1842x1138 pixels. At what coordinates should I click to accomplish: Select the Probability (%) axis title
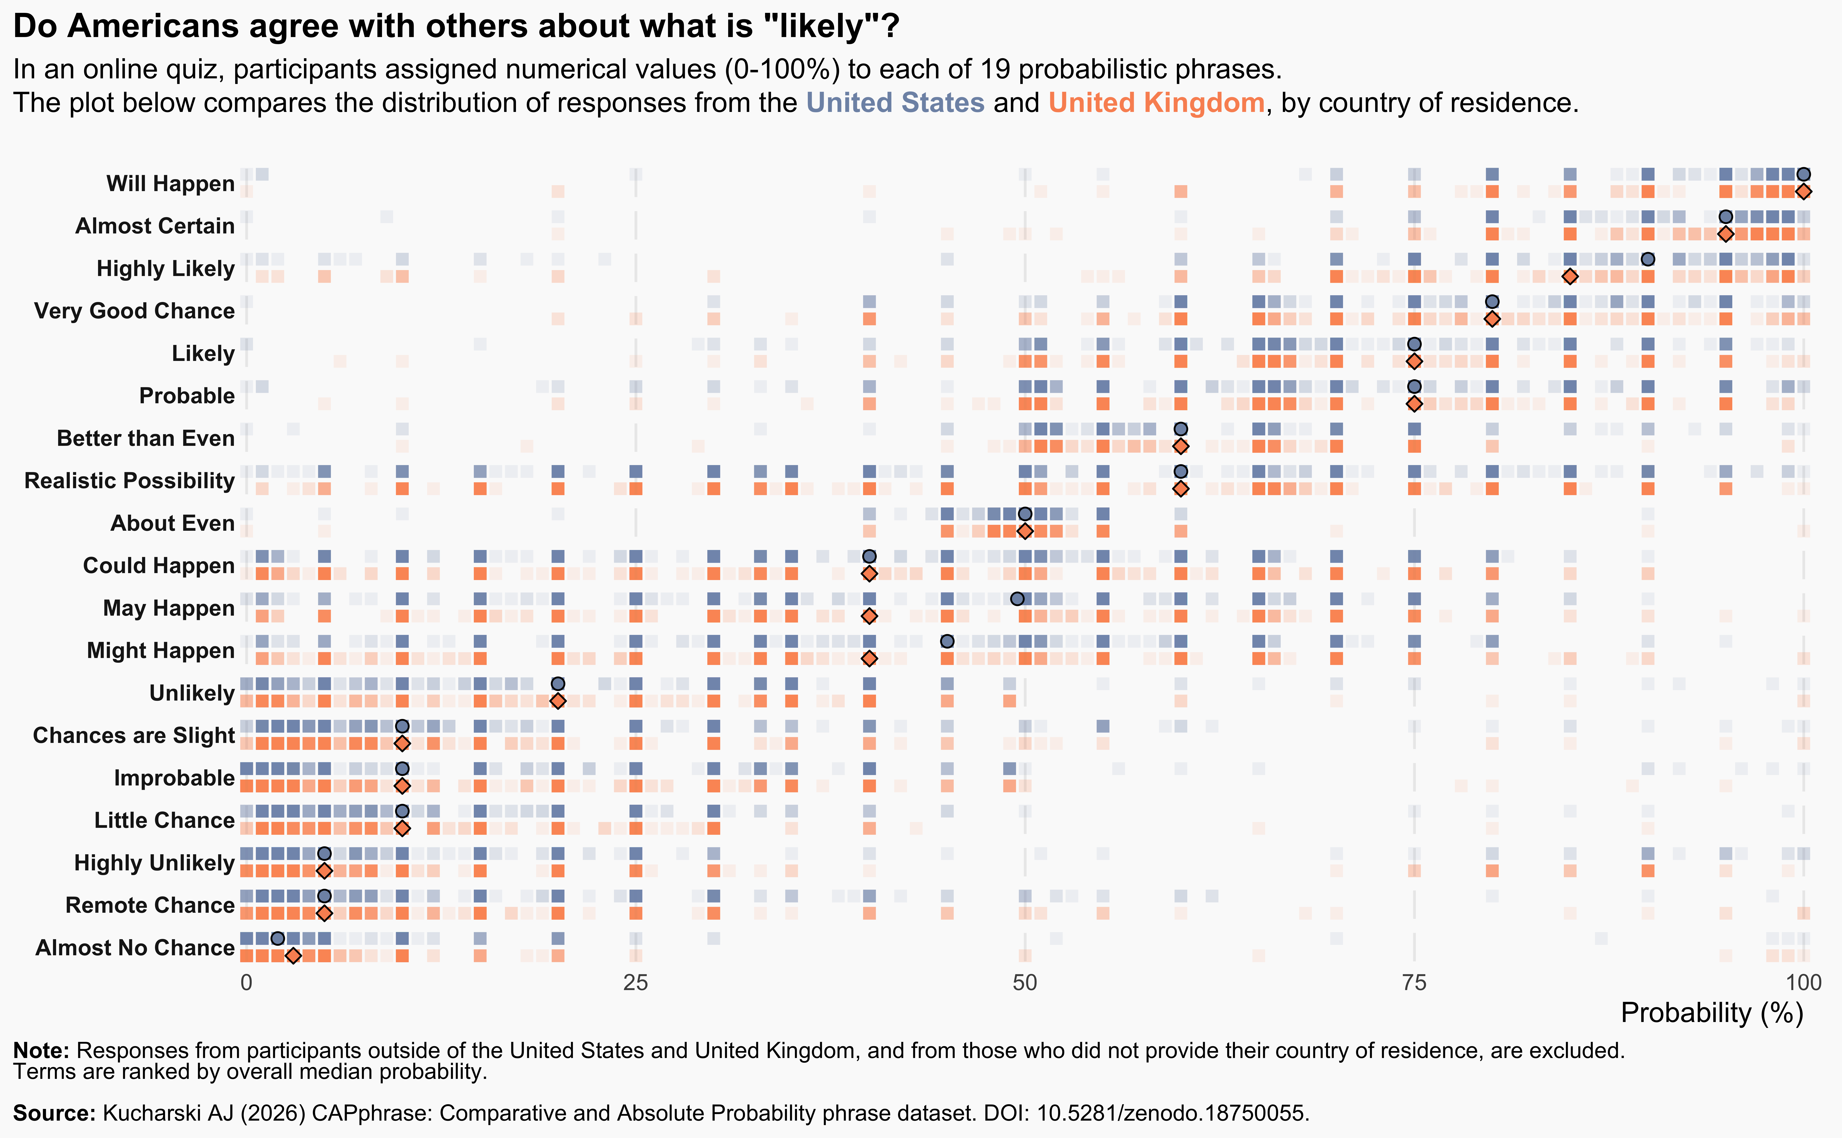point(1712,1013)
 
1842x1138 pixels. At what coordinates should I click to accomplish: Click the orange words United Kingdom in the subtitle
point(1156,102)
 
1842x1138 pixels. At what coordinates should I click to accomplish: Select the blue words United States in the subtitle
point(895,102)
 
